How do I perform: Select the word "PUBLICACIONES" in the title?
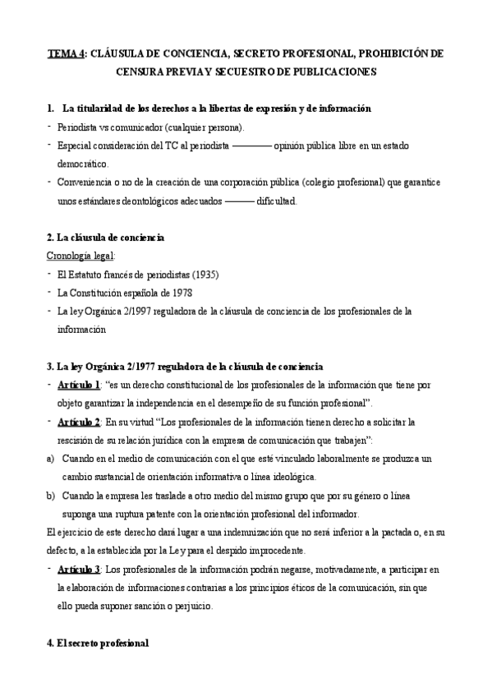[x=329, y=72]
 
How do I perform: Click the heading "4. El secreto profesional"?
[x=98, y=644]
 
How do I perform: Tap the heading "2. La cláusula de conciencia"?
[x=106, y=238]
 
